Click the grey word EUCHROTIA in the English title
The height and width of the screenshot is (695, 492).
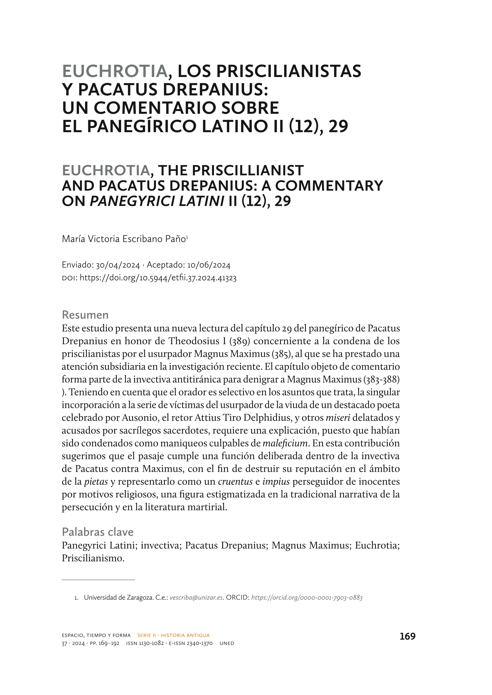106,171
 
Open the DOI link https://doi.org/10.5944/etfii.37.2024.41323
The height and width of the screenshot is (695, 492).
158,278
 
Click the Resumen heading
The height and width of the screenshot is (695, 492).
85,315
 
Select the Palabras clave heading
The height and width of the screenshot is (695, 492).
98,532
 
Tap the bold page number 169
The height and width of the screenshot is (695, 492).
407,636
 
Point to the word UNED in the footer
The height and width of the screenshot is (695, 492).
227,643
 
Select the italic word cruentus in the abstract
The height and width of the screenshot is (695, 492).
235,482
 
